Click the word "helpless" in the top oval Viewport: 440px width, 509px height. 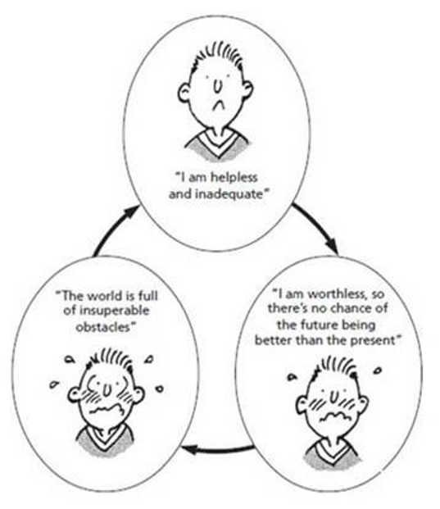234,177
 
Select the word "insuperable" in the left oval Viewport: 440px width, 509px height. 114,311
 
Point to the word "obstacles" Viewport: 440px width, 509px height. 103,326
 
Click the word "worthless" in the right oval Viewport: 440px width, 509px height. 334,294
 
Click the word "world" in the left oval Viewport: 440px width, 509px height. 105,296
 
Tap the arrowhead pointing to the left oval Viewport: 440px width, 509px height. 190,450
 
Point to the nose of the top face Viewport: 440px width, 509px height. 218,86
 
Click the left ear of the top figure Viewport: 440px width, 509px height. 184,93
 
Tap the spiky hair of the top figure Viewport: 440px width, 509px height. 218,57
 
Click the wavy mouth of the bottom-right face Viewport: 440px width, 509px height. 334,416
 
